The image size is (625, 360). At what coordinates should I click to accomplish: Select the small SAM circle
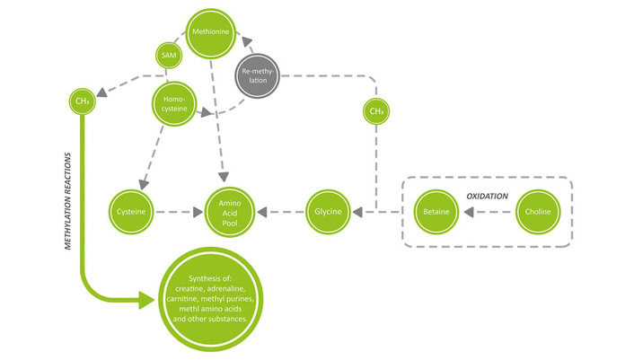click(x=168, y=56)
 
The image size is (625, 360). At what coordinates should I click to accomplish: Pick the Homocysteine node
click(x=174, y=103)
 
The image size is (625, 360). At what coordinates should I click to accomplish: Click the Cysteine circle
click(x=130, y=213)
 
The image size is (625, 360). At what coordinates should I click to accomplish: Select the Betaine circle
click(x=438, y=213)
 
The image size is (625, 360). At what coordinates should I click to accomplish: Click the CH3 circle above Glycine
click(x=376, y=112)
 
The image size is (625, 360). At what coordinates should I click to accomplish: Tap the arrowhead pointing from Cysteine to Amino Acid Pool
click(x=199, y=213)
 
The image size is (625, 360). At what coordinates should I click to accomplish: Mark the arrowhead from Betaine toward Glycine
click(x=357, y=213)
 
